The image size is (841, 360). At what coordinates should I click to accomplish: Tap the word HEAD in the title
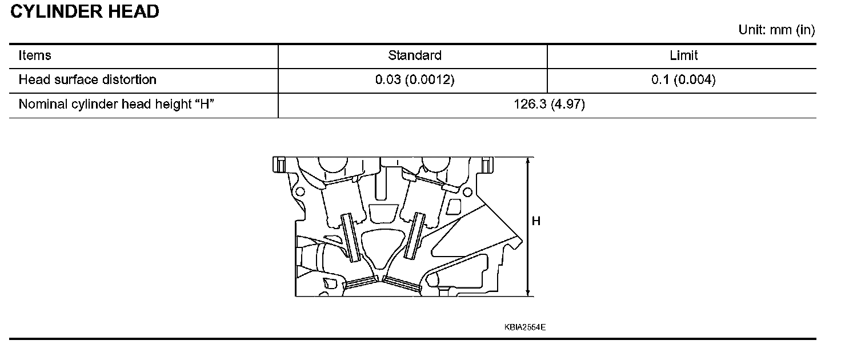[x=134, y=11]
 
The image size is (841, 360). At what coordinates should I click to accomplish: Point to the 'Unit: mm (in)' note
[x=776, y=30]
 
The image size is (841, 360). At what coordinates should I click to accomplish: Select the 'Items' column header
[x=34, y=55]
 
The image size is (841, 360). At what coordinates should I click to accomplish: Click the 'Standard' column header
[x=414, y=55]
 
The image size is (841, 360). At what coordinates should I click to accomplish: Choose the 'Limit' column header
[x=683, y=55]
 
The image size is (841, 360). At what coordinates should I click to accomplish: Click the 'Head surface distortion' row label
[x=87, y=79]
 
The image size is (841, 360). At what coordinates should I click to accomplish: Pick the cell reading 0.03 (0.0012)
[x=414, y=79]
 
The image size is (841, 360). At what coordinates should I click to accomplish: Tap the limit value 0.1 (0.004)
[x=683, y=79]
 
